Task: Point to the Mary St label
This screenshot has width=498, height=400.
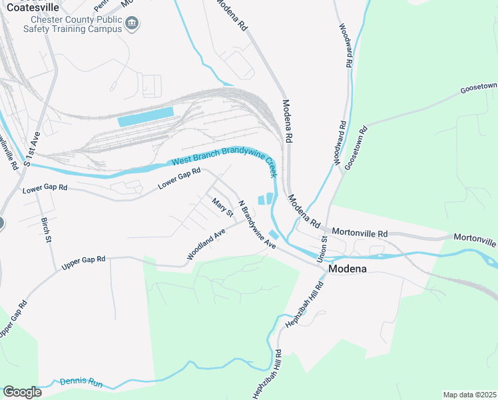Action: point(222,207)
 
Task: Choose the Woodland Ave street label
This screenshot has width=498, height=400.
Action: point(207,245)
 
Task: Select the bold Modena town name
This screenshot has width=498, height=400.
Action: point(348,269)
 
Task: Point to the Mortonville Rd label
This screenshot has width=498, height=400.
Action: point(360,234)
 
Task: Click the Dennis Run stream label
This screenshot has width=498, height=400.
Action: point(81,383)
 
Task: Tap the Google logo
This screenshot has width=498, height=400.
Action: point(22,391)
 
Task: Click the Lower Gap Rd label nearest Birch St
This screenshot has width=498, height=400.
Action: point(45,189)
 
